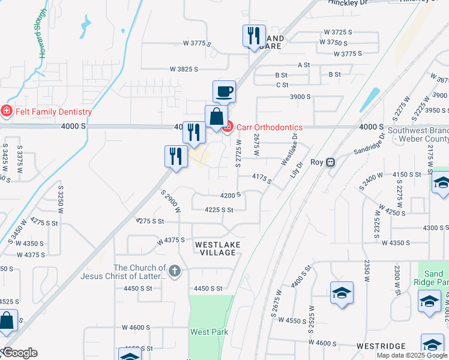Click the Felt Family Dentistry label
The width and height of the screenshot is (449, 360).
tap(53, 112)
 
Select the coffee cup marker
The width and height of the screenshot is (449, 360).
tap(224, 92)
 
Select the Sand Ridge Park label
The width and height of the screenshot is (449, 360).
tap(432, 278)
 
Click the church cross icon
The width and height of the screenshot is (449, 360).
tap(175, 271)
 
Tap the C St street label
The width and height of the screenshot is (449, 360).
tap(282, 85)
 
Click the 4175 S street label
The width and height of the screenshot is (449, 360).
tap(262, 178)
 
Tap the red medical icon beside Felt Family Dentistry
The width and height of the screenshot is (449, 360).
tap(6, 111)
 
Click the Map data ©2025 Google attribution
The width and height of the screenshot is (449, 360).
tap(412, 355)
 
